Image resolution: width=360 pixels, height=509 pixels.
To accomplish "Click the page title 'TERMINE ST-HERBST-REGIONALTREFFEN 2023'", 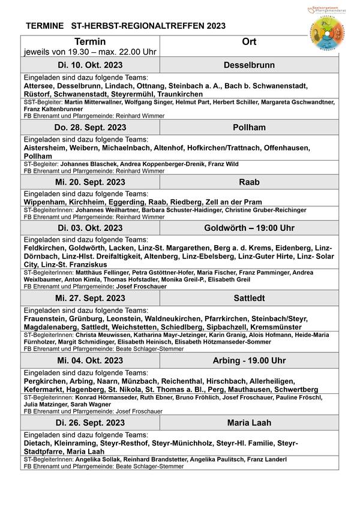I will pos(126,26).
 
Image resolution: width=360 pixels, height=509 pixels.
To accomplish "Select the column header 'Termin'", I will pos(90,42).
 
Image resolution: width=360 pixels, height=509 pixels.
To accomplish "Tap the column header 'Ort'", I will pos(249,42).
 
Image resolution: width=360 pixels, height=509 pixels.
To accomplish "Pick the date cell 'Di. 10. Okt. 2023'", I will pos(90,64).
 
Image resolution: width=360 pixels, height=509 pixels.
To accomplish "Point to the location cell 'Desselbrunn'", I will pos(249,64).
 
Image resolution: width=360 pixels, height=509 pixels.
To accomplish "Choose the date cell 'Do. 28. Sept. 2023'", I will pos(90,128).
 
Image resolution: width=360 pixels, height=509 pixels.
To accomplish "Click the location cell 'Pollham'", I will pos(249,128).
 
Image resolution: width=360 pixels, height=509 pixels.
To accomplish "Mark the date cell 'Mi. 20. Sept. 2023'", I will pos(90,182).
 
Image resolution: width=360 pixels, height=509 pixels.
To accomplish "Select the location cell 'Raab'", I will pos(249,182).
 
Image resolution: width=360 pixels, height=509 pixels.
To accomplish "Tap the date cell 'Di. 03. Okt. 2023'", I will pos(90,228).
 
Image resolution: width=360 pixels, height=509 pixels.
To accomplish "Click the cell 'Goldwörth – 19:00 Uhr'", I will pos(249,228).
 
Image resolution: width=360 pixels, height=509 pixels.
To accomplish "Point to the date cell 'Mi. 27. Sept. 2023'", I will pos(90,298).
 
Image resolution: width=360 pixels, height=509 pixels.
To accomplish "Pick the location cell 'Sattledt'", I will pos(249,298).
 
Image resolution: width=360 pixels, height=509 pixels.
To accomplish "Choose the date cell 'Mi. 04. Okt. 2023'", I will pos(90,360).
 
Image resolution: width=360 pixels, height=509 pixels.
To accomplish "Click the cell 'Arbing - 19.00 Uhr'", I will pos(249,360).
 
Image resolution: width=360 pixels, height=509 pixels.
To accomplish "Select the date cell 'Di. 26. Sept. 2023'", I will pos(90,423).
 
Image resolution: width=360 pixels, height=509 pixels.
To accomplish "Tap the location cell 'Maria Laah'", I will pos(249,423).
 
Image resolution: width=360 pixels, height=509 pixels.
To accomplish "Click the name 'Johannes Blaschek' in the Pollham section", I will pos(86,164).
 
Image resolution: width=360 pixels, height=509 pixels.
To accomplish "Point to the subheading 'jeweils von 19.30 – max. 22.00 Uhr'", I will pos(90,52).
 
